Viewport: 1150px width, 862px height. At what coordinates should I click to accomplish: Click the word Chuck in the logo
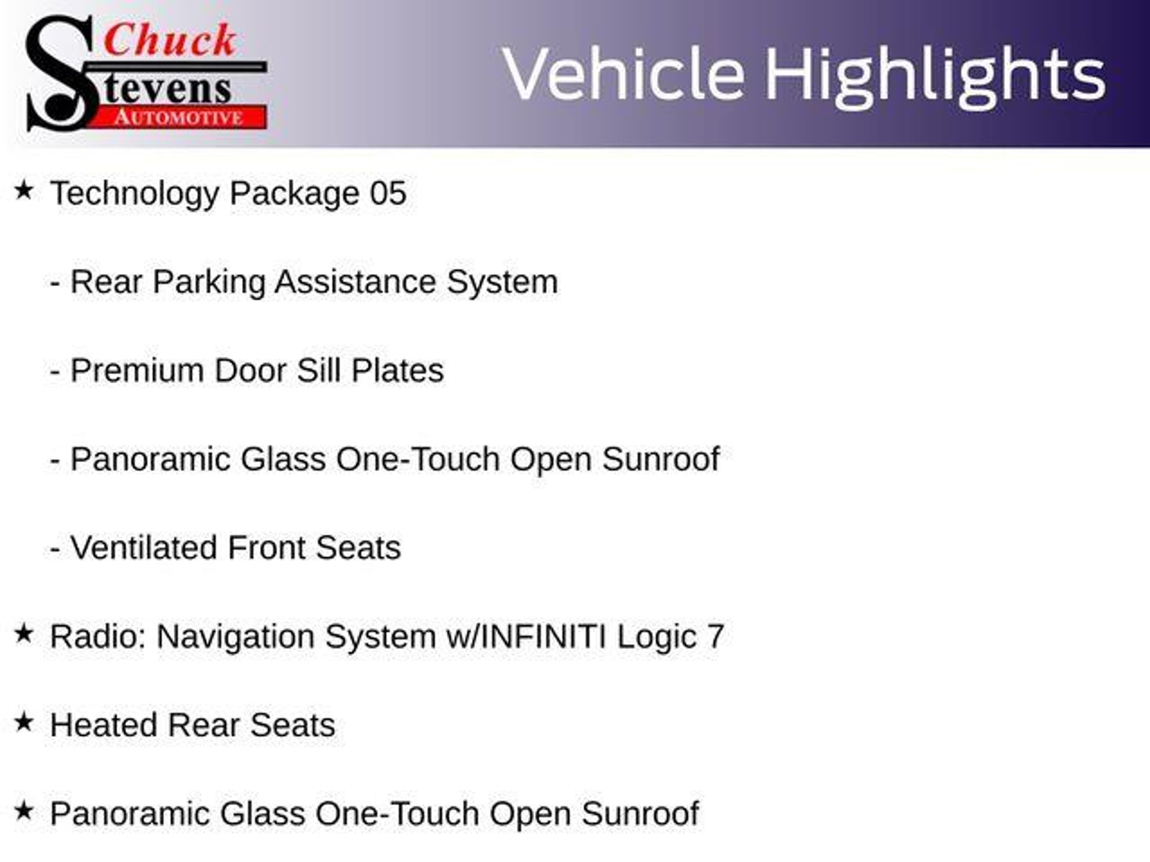click(x=170, y=40)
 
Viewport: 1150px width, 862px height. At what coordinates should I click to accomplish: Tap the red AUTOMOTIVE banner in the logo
click(x=181, y=117)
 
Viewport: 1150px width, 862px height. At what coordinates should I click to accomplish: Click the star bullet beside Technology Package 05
click(x=24, y=190)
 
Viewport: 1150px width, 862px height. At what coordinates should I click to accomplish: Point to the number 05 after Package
click(x=388, y=193)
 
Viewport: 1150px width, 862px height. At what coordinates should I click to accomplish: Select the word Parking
click(x=209, y=282)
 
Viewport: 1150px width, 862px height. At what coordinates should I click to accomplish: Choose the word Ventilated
click(x=144, y=548)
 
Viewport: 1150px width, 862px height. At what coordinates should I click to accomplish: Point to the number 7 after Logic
click(x=715, y=636)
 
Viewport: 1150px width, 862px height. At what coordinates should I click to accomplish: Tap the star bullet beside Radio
click(x=24, y=634)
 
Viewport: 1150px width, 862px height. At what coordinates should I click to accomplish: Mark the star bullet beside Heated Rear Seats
click(x=24, y=723)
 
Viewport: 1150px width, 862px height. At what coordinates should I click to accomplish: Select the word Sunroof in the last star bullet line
click(x=640, y=814)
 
